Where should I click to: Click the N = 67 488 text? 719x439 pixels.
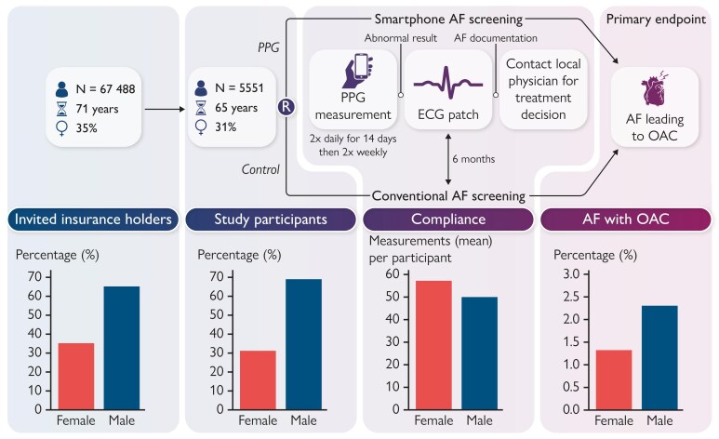coord(102,90)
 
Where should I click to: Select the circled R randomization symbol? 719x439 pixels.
coord(287,107)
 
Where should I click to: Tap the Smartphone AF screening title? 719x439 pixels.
coord(448,18)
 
